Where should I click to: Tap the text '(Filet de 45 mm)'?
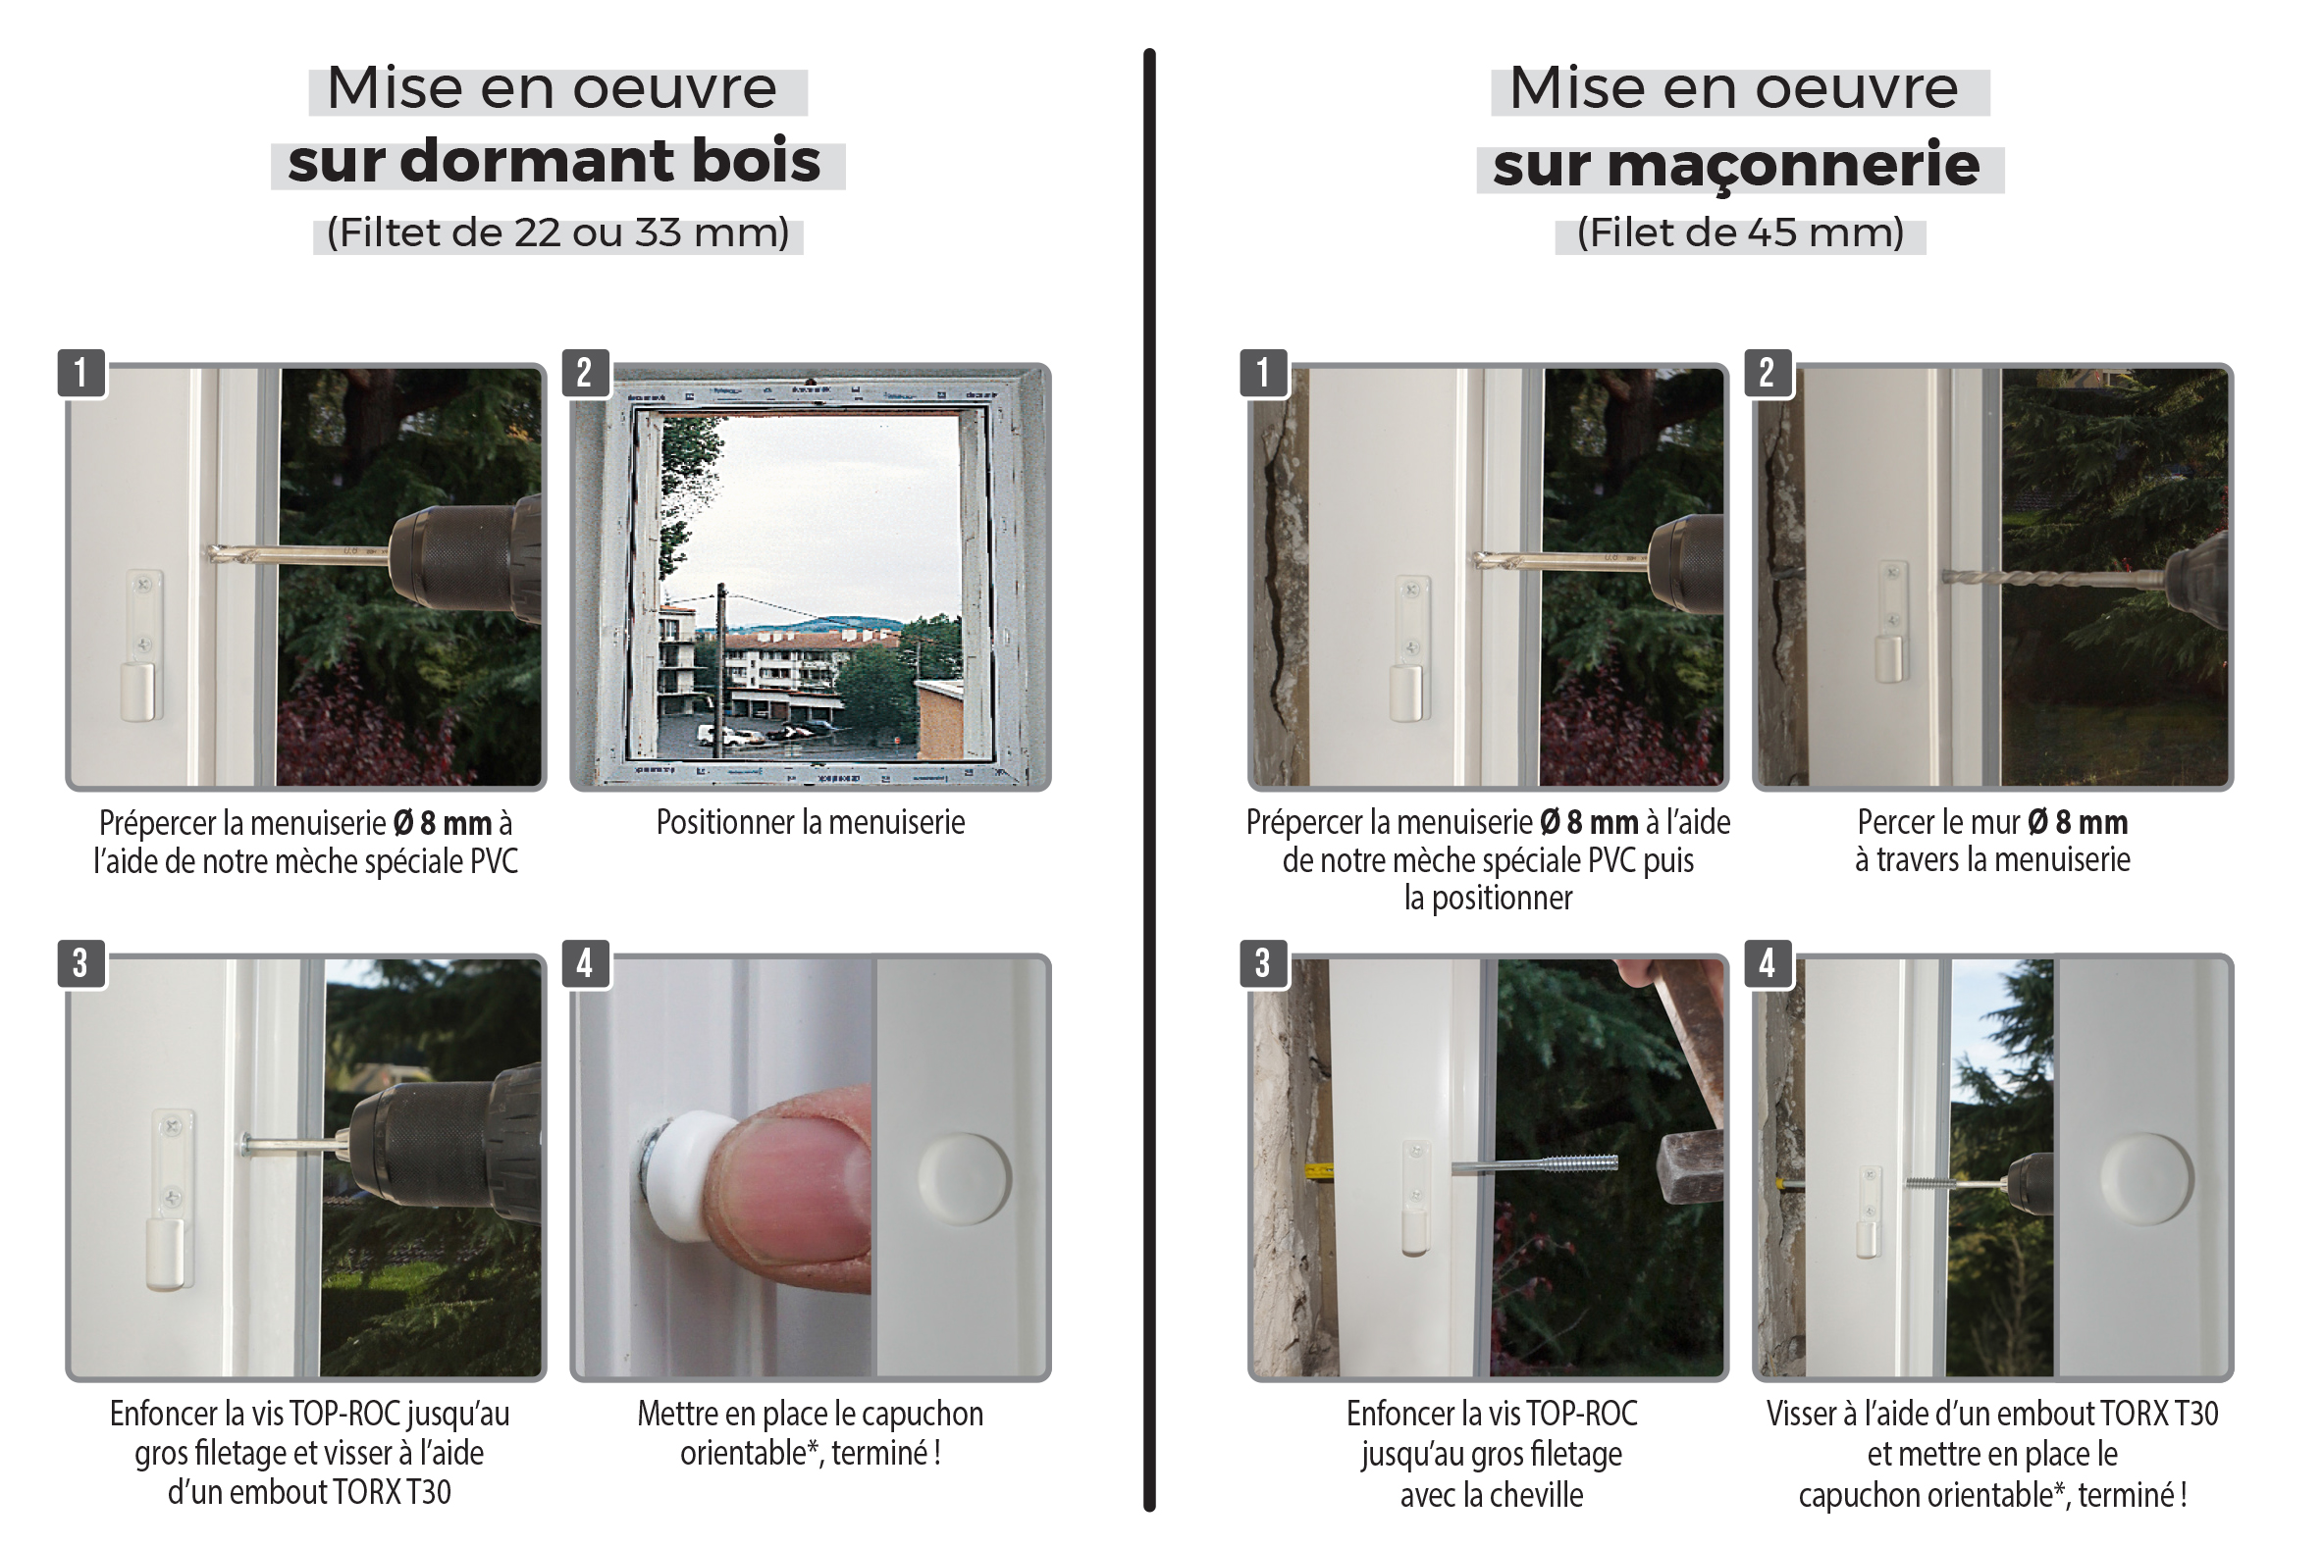pos(1740,232)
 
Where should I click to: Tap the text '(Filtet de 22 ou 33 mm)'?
pos(557,232)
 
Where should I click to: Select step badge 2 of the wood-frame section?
pos(585,373)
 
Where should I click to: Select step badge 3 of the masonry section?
pos(1263,963)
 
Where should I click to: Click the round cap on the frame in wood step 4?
pos(964,1179)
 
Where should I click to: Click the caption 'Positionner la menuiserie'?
pos(811,823)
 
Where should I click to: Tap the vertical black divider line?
pos(1149,780)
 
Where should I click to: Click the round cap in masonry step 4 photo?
pos(2146,1179)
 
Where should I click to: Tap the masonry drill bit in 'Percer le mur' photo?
pos(2052,578)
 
